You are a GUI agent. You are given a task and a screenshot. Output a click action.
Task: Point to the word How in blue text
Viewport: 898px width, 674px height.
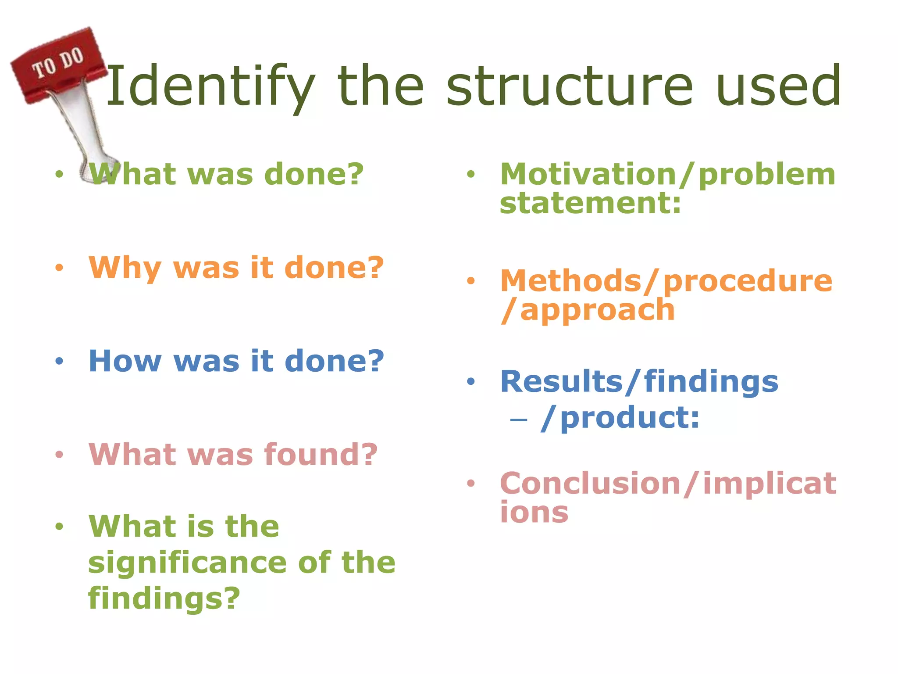point(125,361)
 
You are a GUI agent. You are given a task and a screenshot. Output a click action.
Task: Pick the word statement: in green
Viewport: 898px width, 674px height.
point(590,204)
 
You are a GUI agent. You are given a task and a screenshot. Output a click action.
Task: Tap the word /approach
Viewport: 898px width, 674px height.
point(588,310)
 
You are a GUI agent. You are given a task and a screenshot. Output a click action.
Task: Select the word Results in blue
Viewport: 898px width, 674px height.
point(561,381)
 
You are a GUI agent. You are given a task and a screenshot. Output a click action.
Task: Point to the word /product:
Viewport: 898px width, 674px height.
point(620,418)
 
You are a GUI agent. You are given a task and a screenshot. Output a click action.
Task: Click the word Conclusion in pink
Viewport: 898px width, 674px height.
point(590,484)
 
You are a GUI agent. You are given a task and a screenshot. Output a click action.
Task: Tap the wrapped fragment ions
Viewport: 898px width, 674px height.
point(534,512)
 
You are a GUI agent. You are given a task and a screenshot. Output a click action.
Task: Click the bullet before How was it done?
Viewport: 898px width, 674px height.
point(59,362)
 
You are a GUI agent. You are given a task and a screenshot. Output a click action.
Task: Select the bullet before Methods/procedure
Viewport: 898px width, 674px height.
point(470,281)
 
